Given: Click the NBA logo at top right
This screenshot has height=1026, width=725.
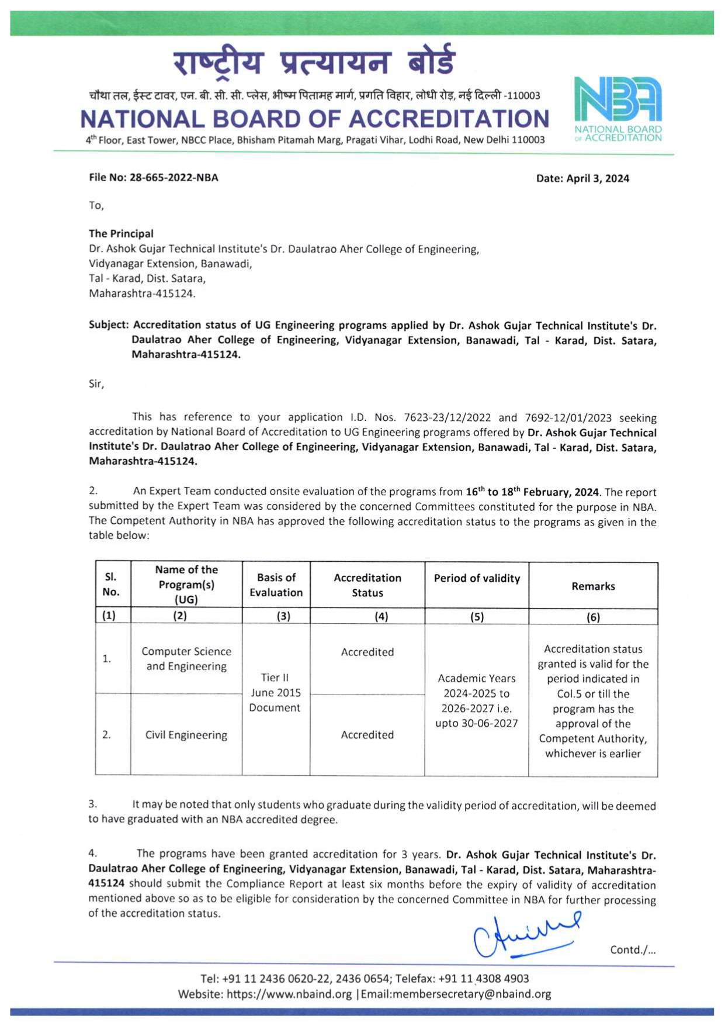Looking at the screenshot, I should tap(618, 108).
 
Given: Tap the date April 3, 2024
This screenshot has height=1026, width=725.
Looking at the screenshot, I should tap(598, 178).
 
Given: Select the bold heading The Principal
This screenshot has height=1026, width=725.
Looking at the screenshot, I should tap(121, 233).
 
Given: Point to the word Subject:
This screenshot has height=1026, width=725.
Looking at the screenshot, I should tap(109, 325).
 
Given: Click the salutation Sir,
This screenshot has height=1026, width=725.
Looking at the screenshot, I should tap(96, 384).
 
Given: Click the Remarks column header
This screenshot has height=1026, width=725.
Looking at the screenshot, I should tap(593, 586).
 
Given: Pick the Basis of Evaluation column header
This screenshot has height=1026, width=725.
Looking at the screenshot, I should tap(276, 585).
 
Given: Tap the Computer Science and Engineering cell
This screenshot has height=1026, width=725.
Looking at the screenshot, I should tap(186, 659).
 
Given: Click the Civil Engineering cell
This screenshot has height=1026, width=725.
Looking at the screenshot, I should tap(186, 735).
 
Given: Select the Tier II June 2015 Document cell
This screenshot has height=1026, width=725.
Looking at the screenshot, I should tap(275, 692).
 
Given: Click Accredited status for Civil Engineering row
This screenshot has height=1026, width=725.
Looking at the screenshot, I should tap(367, 735).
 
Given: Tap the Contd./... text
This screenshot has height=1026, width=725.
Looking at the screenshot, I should tap(633, 950).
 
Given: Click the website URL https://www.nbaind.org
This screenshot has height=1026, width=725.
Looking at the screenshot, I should tap(289, 994).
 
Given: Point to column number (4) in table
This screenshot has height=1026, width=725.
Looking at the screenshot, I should tap(381, 616).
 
